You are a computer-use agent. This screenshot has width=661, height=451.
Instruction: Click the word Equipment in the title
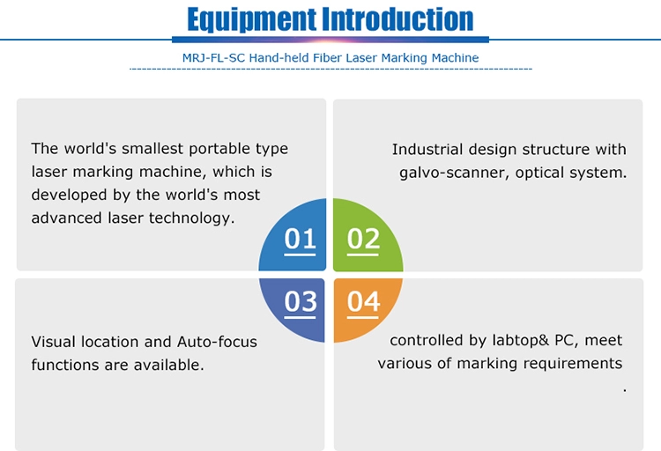coord(251,19)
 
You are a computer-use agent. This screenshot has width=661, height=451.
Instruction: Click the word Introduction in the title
coord(398,19)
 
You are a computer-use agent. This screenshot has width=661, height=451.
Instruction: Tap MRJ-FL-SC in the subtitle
coord(213,58)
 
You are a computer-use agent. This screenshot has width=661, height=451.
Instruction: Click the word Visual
coord(53,342)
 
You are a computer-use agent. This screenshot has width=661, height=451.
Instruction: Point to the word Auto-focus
coord(217,342)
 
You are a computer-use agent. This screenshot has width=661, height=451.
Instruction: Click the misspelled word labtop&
coord(521,340)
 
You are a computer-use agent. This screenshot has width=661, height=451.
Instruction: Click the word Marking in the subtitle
coord(405,58)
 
